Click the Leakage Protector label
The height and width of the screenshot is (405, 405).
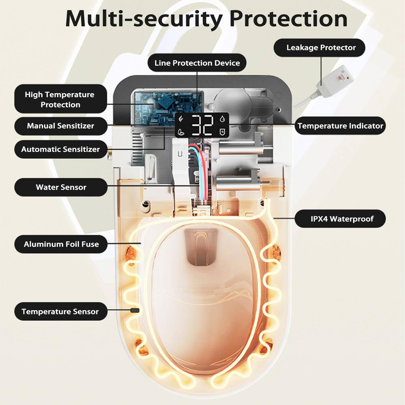[x=321, y=48]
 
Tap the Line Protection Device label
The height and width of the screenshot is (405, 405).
[x=197, y=63]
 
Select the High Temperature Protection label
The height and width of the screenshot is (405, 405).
[x=60, y=100]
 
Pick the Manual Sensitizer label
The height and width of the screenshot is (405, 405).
[x=60, y=126]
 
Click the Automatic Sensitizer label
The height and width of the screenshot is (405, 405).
[x=60, y=149]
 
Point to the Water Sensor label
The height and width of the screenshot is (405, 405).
[x=61, y=188]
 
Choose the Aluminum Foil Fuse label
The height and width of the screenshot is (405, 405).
[x=61, y=244]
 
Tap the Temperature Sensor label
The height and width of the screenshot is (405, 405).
[x=60, y=311]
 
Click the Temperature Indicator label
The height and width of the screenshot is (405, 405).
[x=340, y=126]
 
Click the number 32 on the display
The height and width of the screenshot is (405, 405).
[x=202, y=125]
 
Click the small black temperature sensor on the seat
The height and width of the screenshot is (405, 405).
[x=134, y=310]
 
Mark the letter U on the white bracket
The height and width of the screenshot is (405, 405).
[x=179, y=154]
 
